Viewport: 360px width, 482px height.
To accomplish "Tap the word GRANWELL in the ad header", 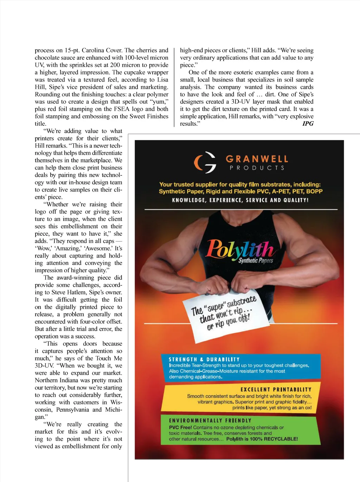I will [x=257, y=159].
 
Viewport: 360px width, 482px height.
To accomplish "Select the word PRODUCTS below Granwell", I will [x=257, y=168].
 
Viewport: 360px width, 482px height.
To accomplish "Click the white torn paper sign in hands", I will [x=223, y=314].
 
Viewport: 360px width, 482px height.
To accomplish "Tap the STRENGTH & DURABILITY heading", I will [x=204, y=359].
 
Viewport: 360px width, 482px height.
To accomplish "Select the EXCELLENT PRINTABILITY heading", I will [x=276, y=390].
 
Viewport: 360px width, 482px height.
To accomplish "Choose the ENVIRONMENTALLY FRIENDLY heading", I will [x=210, y=421].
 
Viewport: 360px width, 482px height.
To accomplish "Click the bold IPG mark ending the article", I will [x=308, y=124].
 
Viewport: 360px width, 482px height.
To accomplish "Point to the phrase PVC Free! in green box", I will [x=180, y=428].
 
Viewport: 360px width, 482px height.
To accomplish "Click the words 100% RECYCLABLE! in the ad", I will [x=274, y=439].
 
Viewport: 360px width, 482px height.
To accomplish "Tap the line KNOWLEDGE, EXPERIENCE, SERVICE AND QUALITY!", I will [x=240, y=200].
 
